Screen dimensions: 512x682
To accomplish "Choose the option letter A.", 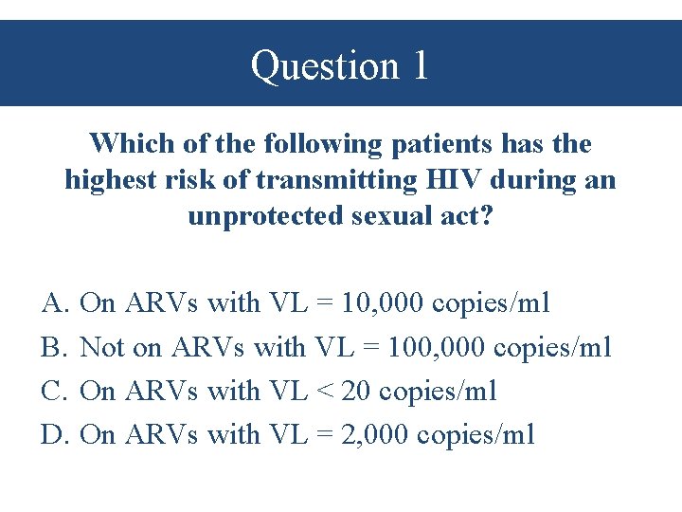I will (x=53, y=303).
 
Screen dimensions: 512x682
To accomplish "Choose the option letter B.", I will (x=52, y=347).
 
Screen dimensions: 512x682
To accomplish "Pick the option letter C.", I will (x=53, y=391).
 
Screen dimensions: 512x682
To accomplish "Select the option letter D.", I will (x=53, y=434).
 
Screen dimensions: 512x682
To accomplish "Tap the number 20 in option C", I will (x=355, y=391).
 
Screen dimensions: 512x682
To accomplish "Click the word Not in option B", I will (x=102, y=347).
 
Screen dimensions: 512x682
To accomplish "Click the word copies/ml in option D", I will (x=476, y=434).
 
